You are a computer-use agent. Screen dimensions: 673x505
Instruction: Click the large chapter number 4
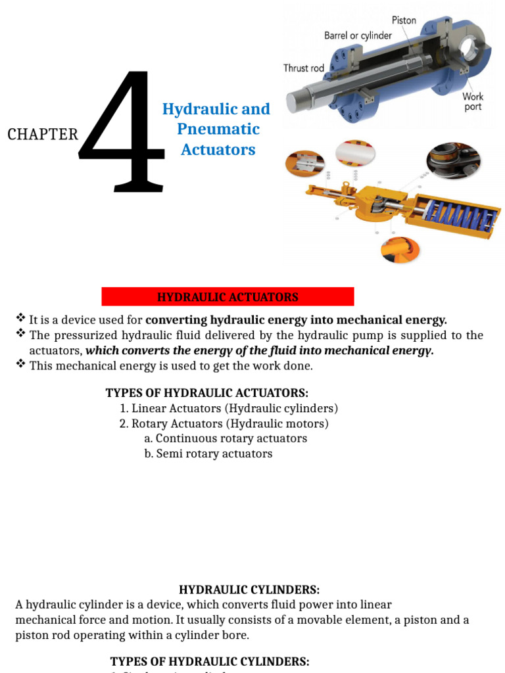[x=122, y=135]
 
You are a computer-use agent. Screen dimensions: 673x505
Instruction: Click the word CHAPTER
[x=43, y=135]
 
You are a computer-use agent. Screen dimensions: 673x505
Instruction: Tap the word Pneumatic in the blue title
[x=218, y=129]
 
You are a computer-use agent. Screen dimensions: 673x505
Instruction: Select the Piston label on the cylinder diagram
[x=404, y=20]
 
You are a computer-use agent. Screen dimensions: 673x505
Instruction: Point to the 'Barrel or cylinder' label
[x=358, y=35]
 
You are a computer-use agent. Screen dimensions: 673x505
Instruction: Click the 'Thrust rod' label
[x=304, y=68]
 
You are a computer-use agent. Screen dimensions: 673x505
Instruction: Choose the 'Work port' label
[x=472, y=101]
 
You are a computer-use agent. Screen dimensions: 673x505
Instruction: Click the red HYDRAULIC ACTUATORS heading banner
[x=228, y=297]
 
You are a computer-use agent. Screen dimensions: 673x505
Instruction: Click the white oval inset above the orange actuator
[x=355, y=154]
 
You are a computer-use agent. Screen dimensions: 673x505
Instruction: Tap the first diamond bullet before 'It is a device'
[x=20, y=319]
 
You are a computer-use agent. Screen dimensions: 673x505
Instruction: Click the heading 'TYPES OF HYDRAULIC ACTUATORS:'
[x=206, y=393]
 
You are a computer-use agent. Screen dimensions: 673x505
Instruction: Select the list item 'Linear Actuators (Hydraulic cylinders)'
[x=228, y=409]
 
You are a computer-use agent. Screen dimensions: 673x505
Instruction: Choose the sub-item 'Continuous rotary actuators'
[x=226, y=438]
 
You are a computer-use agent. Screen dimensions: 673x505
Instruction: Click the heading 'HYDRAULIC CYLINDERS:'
[x=249, y=590]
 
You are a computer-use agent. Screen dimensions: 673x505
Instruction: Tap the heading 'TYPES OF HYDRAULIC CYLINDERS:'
[x=210, y=661]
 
